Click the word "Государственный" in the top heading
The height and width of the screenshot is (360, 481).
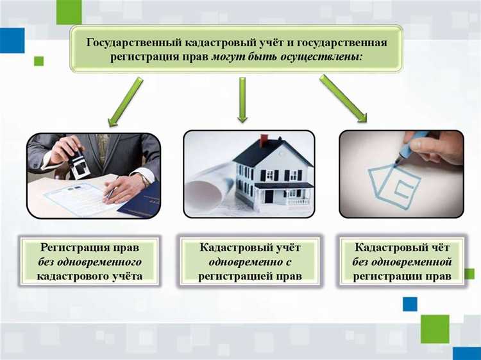[131, 42]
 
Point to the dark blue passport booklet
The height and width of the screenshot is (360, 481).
[142, 203]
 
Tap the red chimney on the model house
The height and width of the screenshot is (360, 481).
[263, 140]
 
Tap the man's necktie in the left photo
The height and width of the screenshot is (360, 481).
[102, 146]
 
